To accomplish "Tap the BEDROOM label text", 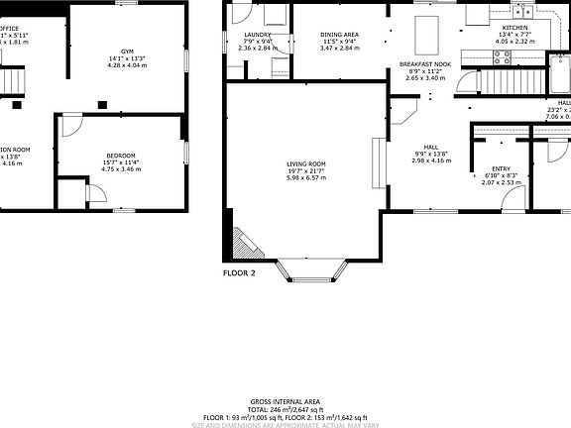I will pos(120,157).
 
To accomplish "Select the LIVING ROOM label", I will pos(306,163).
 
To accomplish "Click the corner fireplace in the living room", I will pos(241,243).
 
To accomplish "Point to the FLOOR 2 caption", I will pos(239,271).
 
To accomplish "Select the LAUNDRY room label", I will pos(258,35).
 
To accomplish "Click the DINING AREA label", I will pos(340,35).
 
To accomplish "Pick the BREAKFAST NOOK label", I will pos(426,62).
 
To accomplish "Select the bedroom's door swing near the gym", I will pos(71,125).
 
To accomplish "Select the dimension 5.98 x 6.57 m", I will pos(306,178).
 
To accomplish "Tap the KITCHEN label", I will pos(515,27).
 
